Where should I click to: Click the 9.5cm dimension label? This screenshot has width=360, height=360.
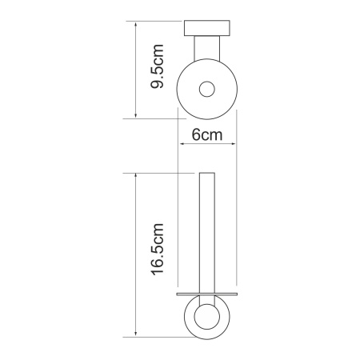point(157,66)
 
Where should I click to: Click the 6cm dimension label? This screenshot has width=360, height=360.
point(207,135)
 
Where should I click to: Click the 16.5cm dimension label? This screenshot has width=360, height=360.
point(157,250)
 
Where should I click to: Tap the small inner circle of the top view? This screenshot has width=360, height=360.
point(207,89)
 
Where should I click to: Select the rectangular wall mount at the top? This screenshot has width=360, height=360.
point(207,28)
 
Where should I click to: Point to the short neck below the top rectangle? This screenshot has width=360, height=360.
point(207,48)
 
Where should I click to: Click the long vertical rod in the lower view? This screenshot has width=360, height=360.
point(207,233)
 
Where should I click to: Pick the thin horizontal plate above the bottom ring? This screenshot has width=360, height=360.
point(207,294)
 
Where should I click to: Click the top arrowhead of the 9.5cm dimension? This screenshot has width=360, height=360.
point(136,25)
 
